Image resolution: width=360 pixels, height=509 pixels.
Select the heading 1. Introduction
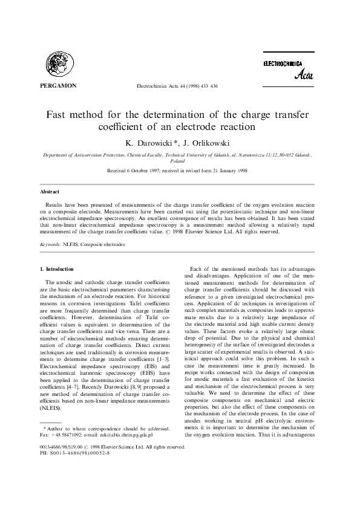(57, 268)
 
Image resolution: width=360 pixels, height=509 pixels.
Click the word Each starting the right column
(196, 268)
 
